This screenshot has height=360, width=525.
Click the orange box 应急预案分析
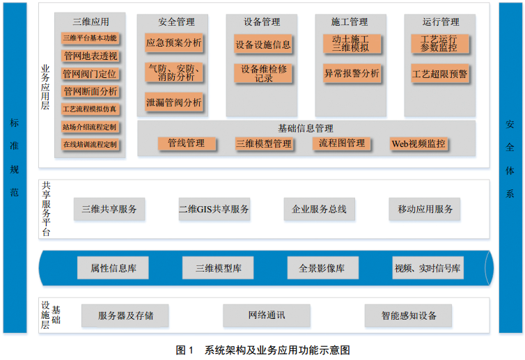point(174,43)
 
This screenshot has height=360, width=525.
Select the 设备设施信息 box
point(262,45)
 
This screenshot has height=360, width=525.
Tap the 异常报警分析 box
point(352,73)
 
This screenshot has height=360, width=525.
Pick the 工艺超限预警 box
point(440,73)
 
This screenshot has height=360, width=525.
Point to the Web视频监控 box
point(418,144)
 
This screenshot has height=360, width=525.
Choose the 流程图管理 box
point(342,144)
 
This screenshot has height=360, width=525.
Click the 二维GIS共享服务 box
point(214,209)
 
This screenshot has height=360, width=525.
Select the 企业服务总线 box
point(320,209)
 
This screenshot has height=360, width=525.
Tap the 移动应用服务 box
point(425,209)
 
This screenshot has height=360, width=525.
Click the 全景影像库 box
point(323,268)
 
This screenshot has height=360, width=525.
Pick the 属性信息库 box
point(113,268)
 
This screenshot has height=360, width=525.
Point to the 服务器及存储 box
point(125,315)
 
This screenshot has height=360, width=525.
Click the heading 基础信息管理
point(306,129)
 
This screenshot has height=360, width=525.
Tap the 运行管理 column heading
point(440,22)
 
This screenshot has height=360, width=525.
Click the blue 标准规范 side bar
point(15,167)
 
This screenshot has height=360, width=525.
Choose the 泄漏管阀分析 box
point(174,103)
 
